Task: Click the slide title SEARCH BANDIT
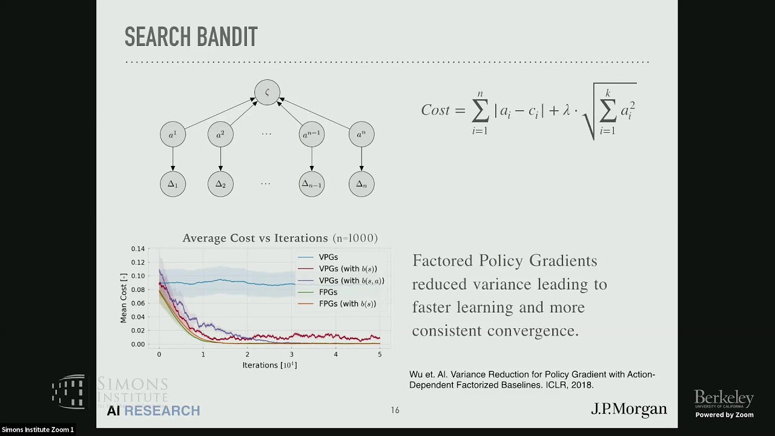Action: click(x=191, y=38)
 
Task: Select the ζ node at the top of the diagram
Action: click(x=267, y=93)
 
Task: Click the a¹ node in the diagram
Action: click(x=173, y=134)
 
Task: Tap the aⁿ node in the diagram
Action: click(x=361, y=134)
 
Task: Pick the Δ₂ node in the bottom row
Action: click(x=220, y=184)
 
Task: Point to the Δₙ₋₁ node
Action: click(x=312, y=184)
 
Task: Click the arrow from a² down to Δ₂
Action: click(x=220, y=159)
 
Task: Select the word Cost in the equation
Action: click(x=435, y=110)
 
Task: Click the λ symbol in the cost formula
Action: click(x=566, y=110)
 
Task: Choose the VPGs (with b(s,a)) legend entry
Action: click(x=351, y=280)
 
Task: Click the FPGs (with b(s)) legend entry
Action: click(x=347, y=303)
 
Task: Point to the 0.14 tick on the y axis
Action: click(x=138, y=249)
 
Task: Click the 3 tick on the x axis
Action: click(x=291, y=354)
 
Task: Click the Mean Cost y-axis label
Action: click(x=124, y=297)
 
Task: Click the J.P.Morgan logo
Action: click(x=628, y=410)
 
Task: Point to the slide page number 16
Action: click(x=395, y=411)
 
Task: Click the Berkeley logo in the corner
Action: click(x=724, y=400)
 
